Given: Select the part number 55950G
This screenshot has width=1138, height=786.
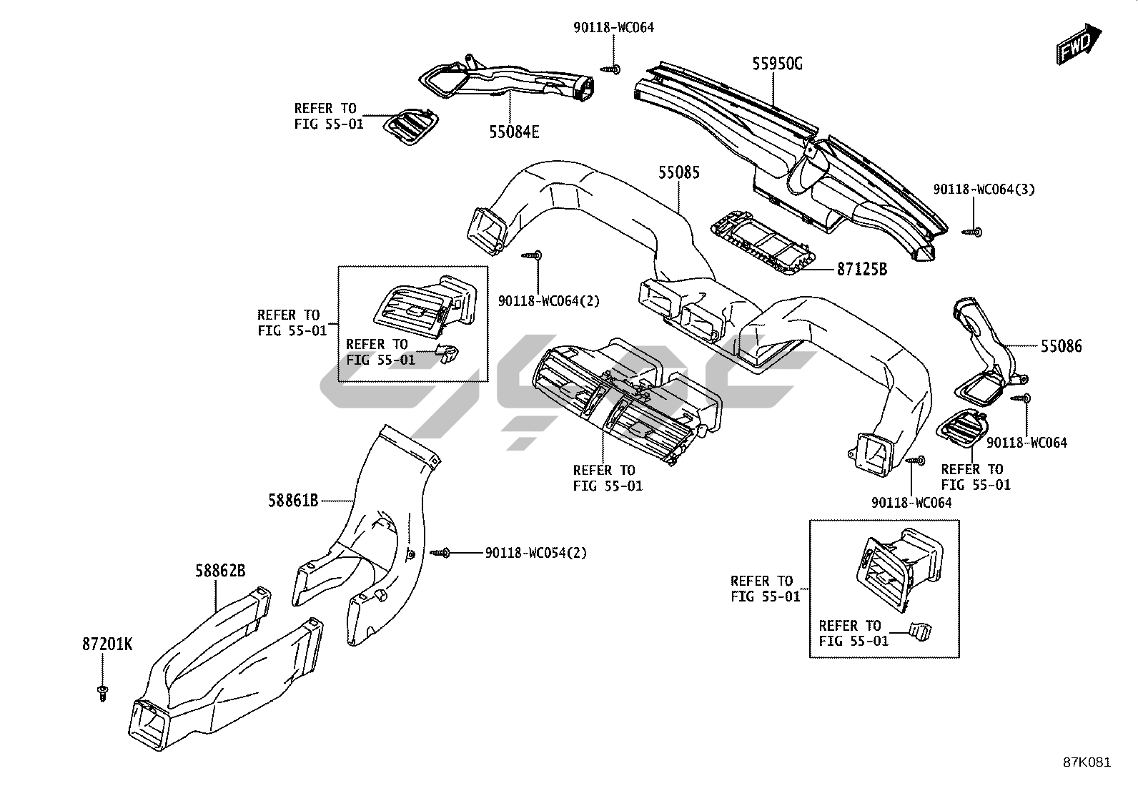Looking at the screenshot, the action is pos(777,64).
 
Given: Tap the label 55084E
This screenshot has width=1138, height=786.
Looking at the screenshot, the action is pos(514,132).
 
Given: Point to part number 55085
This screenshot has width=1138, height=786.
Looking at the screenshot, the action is pos(679,172).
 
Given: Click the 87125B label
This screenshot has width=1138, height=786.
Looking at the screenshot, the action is pos(862,269).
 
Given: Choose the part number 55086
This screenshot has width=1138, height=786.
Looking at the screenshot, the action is pos(1062,346).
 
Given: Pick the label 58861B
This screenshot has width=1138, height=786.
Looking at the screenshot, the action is pos(293,501).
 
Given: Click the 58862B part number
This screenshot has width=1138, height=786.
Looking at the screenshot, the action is pos(220,571).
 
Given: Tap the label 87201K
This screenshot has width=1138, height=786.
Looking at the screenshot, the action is pos(107,644).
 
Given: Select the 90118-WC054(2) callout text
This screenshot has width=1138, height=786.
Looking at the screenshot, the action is pos(536,553).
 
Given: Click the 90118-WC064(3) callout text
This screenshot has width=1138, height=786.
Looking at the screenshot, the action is pos(984,189).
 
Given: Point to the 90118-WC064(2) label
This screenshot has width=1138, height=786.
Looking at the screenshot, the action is pos(549,301).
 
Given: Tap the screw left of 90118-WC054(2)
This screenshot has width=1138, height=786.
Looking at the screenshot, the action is pos(440,553).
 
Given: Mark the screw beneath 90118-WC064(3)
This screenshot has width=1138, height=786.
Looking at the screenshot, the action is pos(972,232).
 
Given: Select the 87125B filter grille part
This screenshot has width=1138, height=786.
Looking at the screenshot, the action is pos(763,243).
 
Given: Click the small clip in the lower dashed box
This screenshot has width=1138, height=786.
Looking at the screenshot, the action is pos(921,632).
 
